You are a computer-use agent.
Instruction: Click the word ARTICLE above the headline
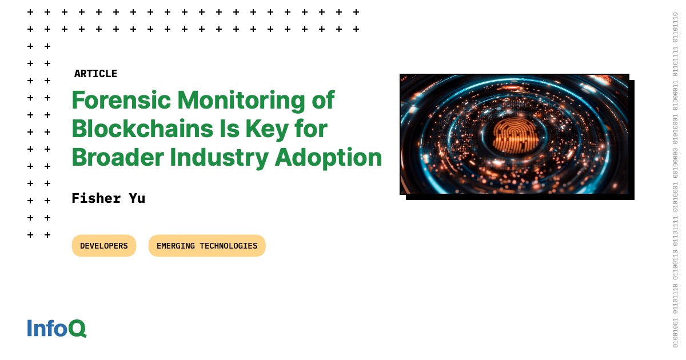[95, 74]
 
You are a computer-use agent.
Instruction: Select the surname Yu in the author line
[137, 198]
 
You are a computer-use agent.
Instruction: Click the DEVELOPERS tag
[104, 246]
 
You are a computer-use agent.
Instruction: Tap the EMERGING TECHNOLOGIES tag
[207, 246]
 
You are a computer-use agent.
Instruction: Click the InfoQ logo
[57, 328]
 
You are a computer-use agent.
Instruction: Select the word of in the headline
[323, 101]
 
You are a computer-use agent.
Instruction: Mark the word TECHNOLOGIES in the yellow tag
[228, 246]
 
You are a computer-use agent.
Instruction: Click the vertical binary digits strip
[675, 180]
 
